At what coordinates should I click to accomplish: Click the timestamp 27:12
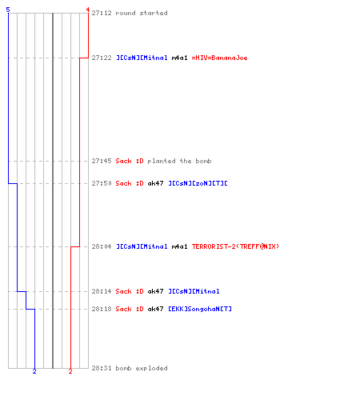[102, 13]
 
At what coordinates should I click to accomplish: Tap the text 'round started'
[142, 13]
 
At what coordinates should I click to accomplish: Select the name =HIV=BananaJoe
[220, 58]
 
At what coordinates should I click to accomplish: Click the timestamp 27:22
[102, 58]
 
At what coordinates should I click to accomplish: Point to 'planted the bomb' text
[179, 161]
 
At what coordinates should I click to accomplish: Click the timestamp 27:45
[102, 161]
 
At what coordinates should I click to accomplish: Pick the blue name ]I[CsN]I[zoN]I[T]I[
[198, 183]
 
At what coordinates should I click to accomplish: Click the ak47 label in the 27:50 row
[155, 183]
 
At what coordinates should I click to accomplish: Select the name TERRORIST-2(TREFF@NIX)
[235, 246]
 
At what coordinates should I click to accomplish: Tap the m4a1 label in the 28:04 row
[179, 246]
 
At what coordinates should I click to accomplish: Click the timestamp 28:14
[102, 291]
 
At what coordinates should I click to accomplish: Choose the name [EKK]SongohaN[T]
[200, 309]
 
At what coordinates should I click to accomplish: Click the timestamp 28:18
[102, 309]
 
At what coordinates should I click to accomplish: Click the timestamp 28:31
[102, 368]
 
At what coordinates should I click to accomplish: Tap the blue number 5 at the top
[8, 10]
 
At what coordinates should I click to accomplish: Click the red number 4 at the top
[88, 10]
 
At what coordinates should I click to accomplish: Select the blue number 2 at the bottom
[34, 371]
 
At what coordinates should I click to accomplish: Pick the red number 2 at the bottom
[70, 371]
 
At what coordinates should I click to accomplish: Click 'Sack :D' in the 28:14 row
[130, 291]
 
